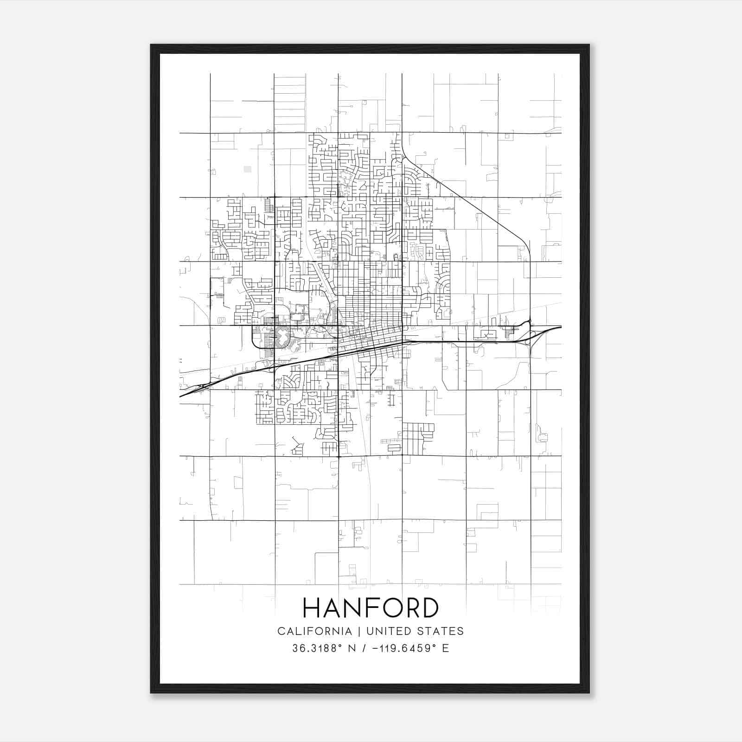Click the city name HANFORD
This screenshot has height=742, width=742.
(371, 608)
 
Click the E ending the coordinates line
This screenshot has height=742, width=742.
(445, 648)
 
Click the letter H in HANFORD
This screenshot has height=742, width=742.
(312, 608)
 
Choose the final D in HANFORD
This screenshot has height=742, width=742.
(429, 608)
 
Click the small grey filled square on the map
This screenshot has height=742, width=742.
(248, 169)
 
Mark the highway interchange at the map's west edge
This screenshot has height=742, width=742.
(204, 386)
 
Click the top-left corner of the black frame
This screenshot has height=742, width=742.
(151, 45)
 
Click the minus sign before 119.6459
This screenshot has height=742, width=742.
(374, 648)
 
